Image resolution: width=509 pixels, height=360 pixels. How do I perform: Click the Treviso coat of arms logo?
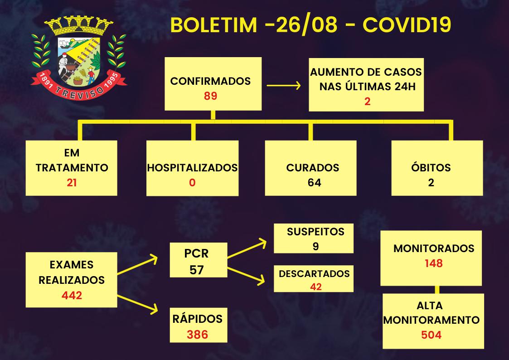coord(79,57)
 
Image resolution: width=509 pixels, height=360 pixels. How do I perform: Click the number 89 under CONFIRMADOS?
coord(211,96)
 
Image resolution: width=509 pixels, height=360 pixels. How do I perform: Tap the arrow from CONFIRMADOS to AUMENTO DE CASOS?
coord(284,85)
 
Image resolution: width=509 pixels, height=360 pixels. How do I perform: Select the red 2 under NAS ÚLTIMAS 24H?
coord(367,101)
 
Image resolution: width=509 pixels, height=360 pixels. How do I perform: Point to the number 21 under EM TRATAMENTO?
coord(72,183)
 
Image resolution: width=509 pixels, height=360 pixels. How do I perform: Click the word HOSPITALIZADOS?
coord(192,167)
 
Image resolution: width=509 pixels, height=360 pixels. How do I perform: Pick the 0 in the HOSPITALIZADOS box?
coord(192,183)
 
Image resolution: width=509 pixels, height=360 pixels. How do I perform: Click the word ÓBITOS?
coord(431,167)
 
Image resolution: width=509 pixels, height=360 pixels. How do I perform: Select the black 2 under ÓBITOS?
coord(431,183)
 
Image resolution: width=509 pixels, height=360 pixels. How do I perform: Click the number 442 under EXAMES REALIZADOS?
coord(72,296)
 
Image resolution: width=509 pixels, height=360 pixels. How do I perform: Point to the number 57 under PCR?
coord(197,270)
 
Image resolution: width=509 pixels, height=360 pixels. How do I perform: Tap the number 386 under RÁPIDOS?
coord(197,335)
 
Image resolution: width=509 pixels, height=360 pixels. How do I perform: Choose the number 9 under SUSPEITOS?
coord(315,246)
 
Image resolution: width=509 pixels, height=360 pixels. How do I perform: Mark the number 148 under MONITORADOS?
coord(434,263)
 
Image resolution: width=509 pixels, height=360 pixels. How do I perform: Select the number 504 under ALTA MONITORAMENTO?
coord(430,335)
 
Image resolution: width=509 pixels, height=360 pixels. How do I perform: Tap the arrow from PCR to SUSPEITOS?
coord(247,248)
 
